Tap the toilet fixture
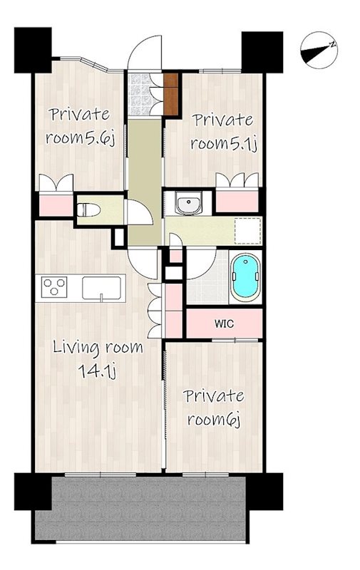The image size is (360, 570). [88, 209]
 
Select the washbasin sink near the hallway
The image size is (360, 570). [188, 203]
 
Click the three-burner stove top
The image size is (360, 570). [54, 286]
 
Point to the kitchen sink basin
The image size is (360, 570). [101, 289]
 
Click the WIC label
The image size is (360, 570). [225, 323]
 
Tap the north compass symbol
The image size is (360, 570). [319, 51]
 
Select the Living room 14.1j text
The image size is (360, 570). [98, 359]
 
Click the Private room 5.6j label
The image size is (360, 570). [80, 126]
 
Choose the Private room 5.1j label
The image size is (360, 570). [222, 132]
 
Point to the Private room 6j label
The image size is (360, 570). [214, 408]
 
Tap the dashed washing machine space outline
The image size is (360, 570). [248, 231]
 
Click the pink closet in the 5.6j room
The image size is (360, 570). [56, 205]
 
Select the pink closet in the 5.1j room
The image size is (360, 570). [237, 201]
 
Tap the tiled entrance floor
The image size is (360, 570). [139, 95]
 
